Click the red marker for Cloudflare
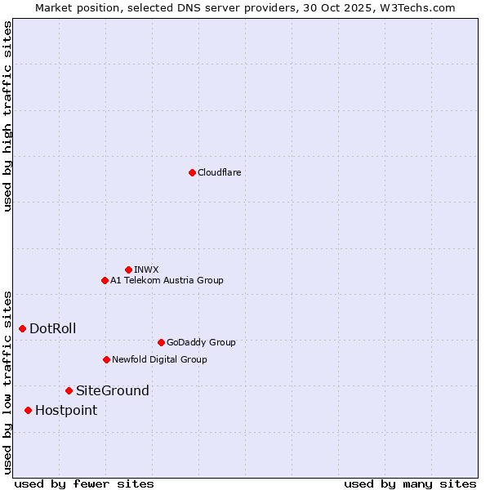pos(192,172)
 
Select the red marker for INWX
pos(128,269)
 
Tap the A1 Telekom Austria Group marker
pos(105,280)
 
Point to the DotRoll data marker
pos(22,328)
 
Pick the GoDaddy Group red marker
pos(161,342)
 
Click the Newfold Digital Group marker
pos(106,359)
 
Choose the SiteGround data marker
pos(69,390)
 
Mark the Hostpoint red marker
pos(28,410)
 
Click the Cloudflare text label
pos(219,172)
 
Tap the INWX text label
pos(146,269)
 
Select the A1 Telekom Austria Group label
pos(167,280)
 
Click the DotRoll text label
pos(53,328)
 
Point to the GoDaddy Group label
pos(201,342)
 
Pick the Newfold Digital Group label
pos(159,359)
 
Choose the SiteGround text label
pos(113,390)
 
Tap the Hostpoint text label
pos(66,410)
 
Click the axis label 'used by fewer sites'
pos(84,483)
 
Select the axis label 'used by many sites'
pos(410,483)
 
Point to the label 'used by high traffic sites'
pos(8,117)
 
